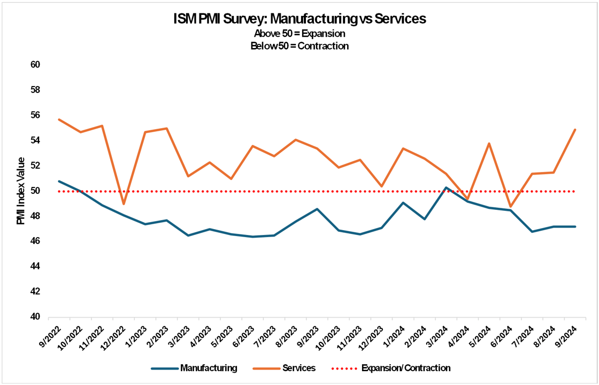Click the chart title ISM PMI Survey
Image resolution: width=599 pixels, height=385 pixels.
coord(299,19)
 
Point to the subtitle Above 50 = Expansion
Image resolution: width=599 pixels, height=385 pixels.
coord(299,34)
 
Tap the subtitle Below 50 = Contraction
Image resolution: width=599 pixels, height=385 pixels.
coord(299,46)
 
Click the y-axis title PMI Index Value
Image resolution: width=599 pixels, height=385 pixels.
coord(21,191)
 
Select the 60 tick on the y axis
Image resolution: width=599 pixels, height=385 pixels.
coord(35,65)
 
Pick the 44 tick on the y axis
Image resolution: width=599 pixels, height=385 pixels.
coord(35,266)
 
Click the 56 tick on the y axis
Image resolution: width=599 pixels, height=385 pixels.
coord(35,115)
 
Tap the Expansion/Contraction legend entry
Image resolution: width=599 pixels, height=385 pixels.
coord(405,368)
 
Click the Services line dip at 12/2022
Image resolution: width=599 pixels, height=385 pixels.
coord(124,204)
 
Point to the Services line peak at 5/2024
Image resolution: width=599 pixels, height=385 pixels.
coord(489,144)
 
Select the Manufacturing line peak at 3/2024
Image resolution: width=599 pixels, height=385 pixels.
coord(446,187)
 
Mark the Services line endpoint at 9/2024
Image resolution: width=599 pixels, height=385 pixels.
coord(575,130)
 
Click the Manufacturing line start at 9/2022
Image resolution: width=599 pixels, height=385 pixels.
coord(59,181)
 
